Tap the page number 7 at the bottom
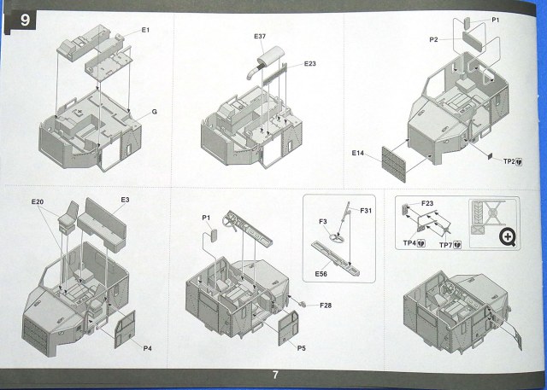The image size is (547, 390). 275,374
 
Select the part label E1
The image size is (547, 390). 145,31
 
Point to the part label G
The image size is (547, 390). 154,111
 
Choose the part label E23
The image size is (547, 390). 309,65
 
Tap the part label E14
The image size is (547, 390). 358,153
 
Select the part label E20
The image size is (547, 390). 37,202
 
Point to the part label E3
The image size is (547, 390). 125,200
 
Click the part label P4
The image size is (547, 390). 148,347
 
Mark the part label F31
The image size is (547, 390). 366,211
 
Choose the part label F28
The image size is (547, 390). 326,305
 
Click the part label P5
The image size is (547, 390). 302,348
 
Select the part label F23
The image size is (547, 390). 427,203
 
